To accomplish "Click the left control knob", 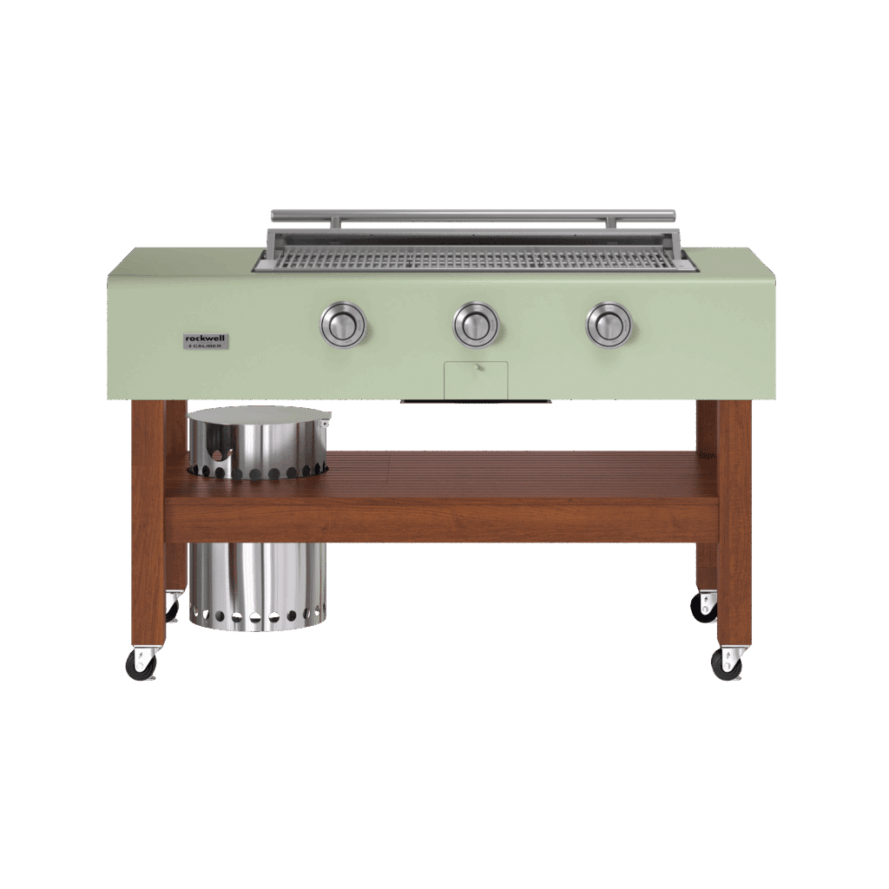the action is pos(344,326).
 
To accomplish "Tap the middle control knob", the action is pos(476,325).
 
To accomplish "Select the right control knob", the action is pos(609,325).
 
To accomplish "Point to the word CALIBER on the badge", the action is pos(209,346).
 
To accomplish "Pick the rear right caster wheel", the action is pos(703,607).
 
